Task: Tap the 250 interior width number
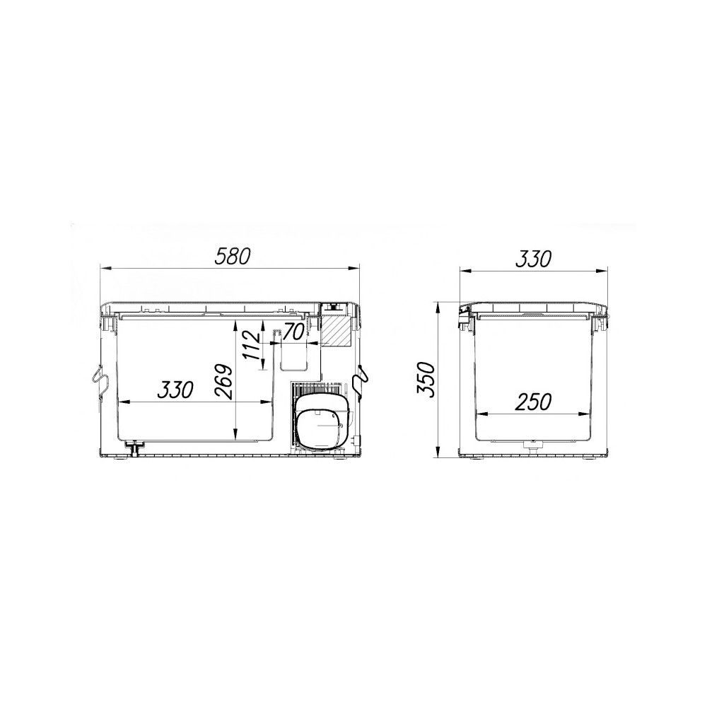533,402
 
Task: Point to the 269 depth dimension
223,382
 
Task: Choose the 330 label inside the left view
175,390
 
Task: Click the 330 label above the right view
533,259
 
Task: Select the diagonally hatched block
335,332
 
